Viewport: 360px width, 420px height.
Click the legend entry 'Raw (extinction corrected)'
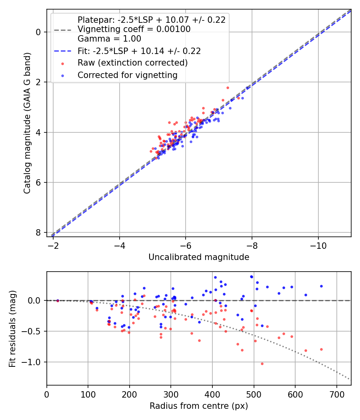[132, 63]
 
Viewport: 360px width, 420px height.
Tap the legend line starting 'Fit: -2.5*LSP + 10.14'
[139, 51]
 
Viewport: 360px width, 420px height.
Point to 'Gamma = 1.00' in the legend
[109, 39]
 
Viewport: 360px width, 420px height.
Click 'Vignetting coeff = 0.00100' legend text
[134, 29]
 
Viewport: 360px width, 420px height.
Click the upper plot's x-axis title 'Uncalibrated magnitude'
[199, 257]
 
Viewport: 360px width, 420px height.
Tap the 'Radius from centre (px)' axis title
[199, 406]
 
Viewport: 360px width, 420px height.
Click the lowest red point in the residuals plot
[262, 364]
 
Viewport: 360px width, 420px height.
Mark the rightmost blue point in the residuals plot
[321, 286]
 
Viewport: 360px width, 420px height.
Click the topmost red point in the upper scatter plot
[228, 88]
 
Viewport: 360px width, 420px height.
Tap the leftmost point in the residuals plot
[58, 301]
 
